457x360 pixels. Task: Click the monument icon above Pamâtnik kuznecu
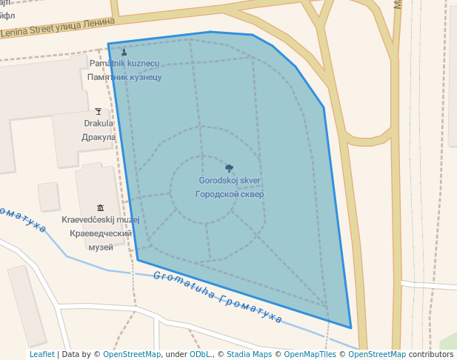point(124,52)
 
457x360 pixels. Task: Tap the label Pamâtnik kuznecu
point(124,64)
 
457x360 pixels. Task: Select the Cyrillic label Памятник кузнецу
point(124,77)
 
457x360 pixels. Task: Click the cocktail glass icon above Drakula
point(99,111)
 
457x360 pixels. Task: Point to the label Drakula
point(99,124)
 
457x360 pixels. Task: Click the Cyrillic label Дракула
point(99,137)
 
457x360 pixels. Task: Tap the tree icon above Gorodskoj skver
point(230,168)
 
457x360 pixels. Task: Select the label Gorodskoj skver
point(230,181)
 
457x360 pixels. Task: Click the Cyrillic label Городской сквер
point(230,194)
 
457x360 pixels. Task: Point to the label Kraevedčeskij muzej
point(101,220)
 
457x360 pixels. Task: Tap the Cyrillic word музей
point(101,247)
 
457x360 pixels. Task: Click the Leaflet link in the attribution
point(41,354)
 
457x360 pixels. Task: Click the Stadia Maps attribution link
point(249,354)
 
